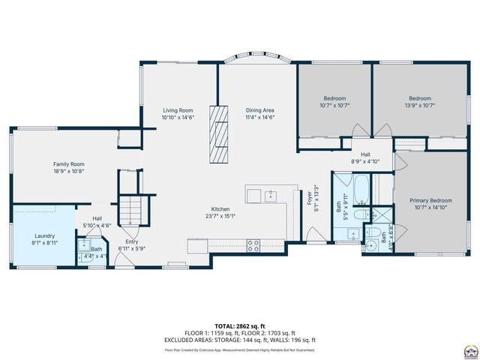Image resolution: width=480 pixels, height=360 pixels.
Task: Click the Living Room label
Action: tap(178, 110)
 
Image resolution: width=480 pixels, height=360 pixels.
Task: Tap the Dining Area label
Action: tap(259, 110)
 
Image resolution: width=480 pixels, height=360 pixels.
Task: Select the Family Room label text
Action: tap(68, 163)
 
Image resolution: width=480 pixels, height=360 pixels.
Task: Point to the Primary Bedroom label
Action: tap(430, 200)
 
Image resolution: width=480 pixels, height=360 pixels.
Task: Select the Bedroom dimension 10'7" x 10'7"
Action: tap(335, 105)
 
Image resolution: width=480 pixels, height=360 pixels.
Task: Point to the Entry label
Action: tap(131, 241)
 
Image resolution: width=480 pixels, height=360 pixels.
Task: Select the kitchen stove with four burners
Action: tap(253, 244)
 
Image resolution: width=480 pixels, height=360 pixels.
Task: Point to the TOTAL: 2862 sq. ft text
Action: tap(240, 326)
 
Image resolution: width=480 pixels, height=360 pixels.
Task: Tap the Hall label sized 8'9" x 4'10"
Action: tap(365, 157)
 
